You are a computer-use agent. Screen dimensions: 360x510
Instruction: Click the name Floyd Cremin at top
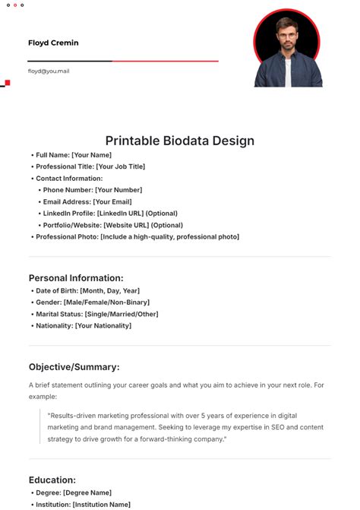pos(53,43)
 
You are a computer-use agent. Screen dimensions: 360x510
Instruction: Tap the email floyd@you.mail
pos(49,71)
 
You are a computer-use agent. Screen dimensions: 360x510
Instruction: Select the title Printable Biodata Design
pos(179,141)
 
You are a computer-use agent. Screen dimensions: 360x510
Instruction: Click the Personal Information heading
pos(76,278)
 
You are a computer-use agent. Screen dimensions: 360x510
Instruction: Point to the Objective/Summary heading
pos(74,366)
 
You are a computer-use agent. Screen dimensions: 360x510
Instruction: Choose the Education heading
pos(52,480)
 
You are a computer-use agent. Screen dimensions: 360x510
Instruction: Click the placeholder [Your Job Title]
pos(120,166)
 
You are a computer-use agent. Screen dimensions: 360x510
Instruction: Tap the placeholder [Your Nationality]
pos(103,326)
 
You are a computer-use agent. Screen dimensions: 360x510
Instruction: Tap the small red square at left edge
pos(7,82)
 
